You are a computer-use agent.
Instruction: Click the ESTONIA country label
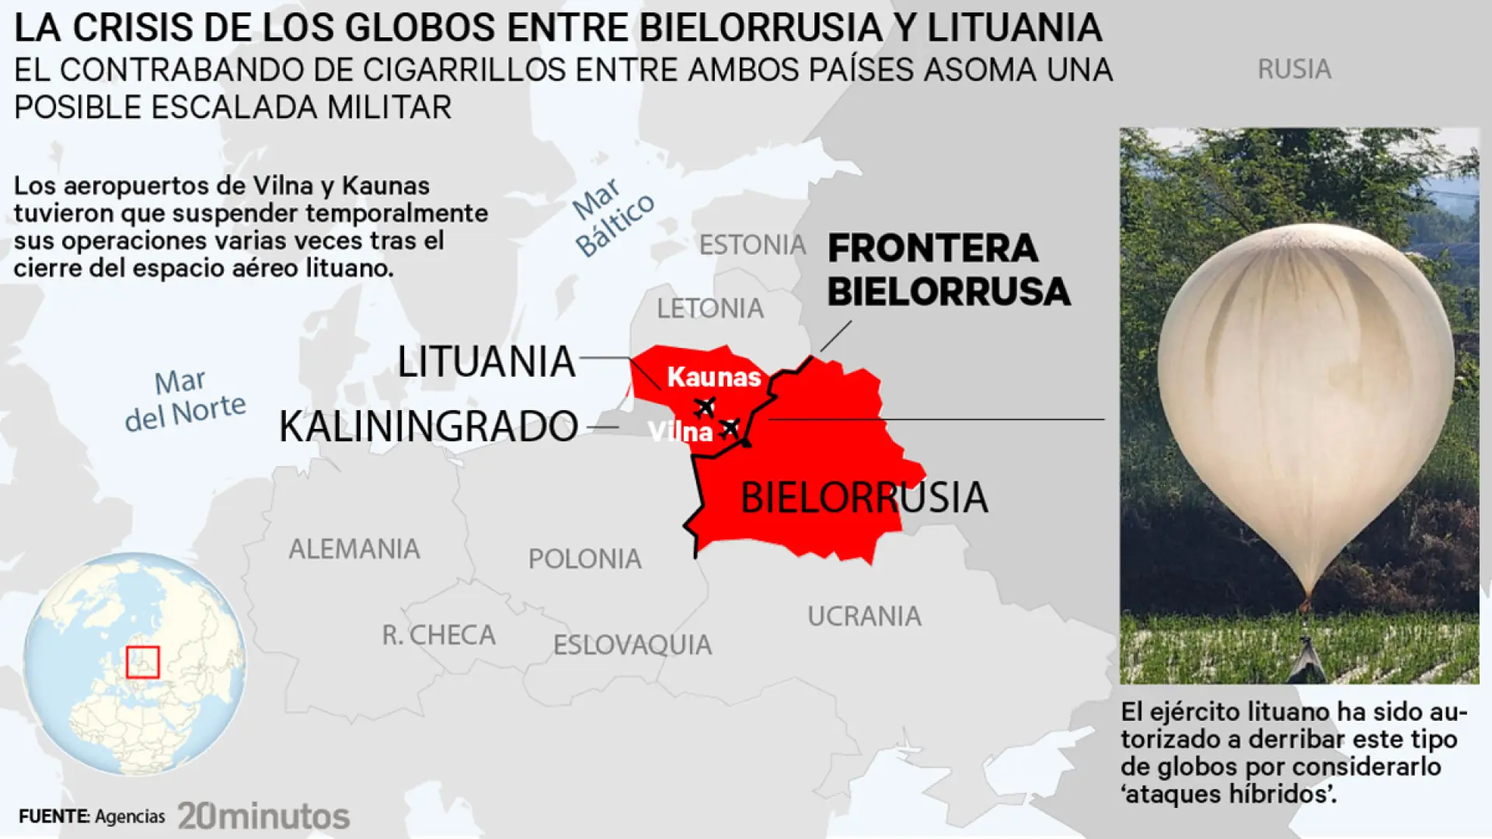pos(752,245)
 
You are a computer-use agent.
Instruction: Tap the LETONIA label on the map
pos(710,309)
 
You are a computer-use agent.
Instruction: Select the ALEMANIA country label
pos(354,549)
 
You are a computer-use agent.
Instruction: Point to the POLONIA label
pos(585,559)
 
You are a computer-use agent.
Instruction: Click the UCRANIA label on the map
pos(864,617)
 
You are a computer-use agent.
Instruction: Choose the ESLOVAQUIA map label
pos(633,645)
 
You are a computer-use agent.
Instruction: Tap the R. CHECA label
pos(439,635)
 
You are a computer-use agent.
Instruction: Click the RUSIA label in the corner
pos(1294,70)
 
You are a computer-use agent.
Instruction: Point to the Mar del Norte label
pos(185,399)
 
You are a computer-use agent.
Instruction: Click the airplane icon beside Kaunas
pos(705,406)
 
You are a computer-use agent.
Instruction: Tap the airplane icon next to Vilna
pos(730,427)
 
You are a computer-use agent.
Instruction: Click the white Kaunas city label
pos(713,378)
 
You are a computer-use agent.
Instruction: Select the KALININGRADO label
pos(428,426)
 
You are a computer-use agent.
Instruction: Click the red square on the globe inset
pos(143,663)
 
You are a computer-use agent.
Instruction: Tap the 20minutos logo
pos(263,816)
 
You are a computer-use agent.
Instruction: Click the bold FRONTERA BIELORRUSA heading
pos(948,270)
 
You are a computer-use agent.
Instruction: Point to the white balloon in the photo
pos(1305,388)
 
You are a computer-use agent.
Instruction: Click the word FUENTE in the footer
pos(54,816)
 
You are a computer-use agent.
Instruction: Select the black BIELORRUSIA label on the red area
pos(863,498)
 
